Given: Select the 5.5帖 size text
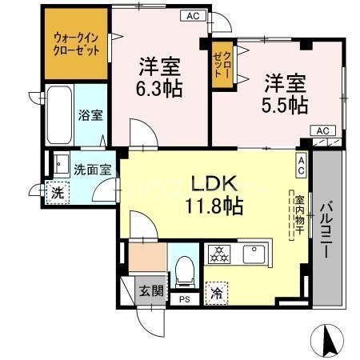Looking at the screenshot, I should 285,103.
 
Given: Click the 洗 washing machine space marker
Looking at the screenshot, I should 57,193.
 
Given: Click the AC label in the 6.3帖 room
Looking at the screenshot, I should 192,15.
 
